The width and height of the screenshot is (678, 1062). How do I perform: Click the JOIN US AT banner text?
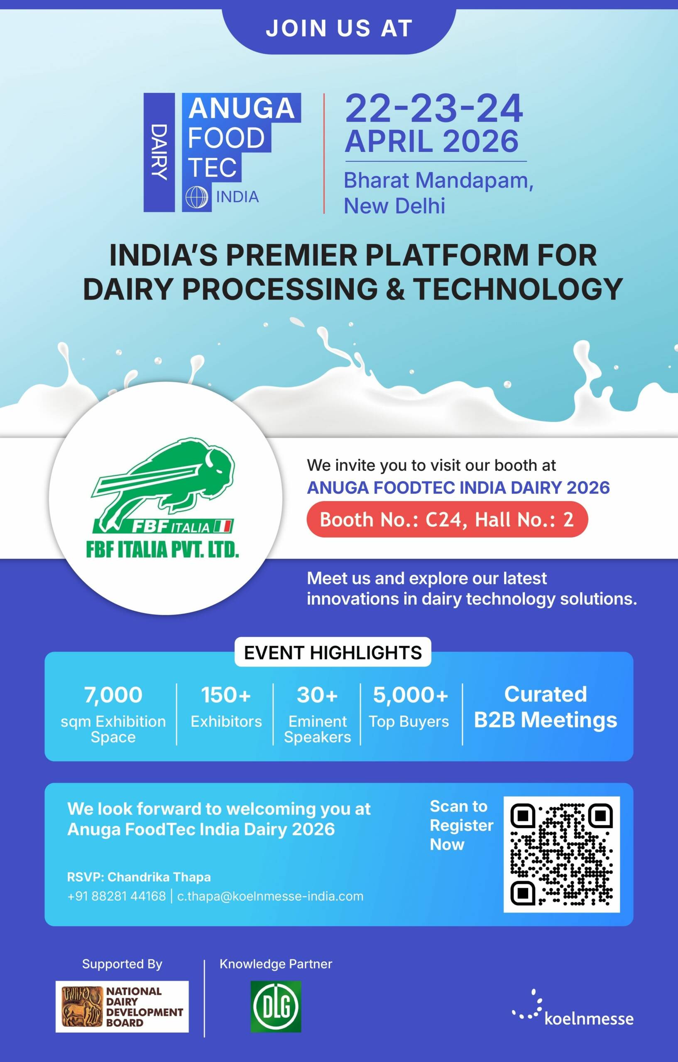click(x=339, y=28)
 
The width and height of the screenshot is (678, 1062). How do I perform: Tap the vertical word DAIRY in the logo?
click(x=159, y=151)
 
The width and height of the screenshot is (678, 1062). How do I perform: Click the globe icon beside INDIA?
click(x=196, y=197)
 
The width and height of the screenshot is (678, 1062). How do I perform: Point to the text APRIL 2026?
click(x=432, y=141)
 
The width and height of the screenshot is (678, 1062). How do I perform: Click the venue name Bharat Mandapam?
click(x=439, y=180)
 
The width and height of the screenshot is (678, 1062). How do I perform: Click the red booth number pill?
click(x=447, y=519)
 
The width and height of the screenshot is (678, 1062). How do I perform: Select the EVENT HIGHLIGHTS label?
click(x=333, y=652)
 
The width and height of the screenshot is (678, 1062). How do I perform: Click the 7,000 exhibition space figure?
click(x=113, y=695)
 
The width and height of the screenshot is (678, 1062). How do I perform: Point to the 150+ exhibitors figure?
click(x=226, y=695)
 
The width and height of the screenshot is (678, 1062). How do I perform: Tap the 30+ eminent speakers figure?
click(x=317, y=695)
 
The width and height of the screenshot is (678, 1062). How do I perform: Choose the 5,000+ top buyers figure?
click(x=411, y=695)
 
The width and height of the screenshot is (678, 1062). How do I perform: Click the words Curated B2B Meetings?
click(x=546, y=707)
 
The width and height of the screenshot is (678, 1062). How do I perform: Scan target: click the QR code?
click(x=561, y=854)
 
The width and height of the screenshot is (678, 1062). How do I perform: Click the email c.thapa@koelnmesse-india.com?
click(x=270, y=896)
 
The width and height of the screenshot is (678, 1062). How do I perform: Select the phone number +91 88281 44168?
click(x=117, y=896)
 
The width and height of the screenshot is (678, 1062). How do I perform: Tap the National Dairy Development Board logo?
click(x=122, y=1006)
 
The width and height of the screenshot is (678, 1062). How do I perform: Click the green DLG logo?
click(x=276, y=1006)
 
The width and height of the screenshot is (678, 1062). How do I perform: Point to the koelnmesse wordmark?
click(x=589, y=1019)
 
